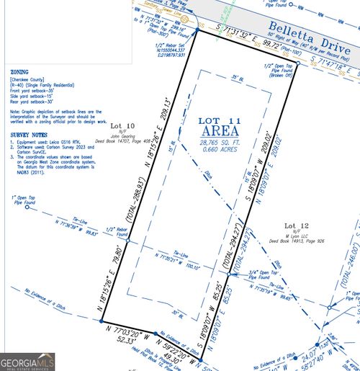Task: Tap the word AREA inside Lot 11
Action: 216,132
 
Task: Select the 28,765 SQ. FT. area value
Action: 216,145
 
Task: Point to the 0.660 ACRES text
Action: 216,152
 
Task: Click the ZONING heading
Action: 19,73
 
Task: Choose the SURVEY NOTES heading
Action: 30,134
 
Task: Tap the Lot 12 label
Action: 296,225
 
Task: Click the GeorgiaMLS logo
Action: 27,361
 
